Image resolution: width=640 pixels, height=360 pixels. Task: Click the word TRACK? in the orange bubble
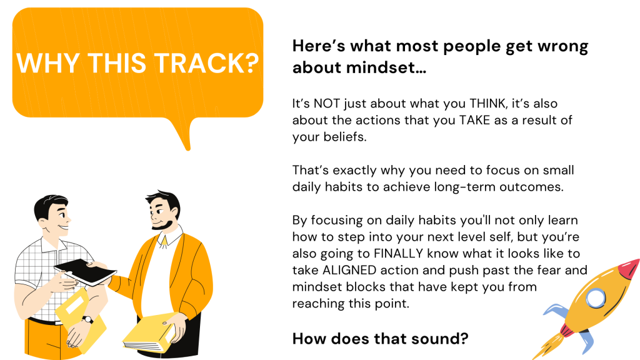(x=206, y=63)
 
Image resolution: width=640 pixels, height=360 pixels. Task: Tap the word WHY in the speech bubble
(x=47, y=63)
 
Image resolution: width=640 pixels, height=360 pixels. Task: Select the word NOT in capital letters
(x=326, y=104)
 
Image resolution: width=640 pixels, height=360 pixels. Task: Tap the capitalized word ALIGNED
(x=349, y=270)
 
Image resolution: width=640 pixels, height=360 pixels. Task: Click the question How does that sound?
(x=381, y=339)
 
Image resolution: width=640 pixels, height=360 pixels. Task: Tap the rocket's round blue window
(x=596, y=297)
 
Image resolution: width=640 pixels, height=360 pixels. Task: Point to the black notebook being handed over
(x=85, y=272)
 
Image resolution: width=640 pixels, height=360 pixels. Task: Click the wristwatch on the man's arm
(x=87, y=319)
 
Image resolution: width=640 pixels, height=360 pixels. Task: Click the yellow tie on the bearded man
(x=164, y=242)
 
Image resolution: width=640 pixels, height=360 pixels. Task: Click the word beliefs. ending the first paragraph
(x=345, y=137)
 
